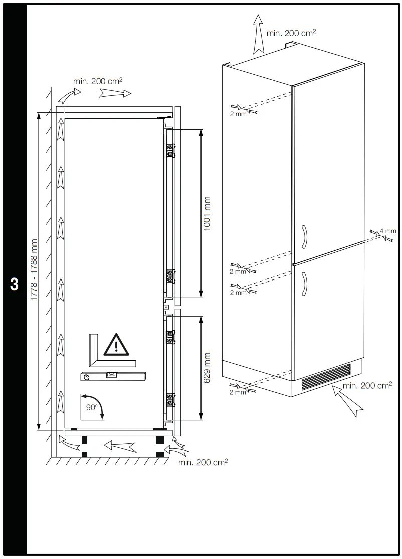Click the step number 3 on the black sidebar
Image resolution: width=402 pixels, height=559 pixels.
(14, 284)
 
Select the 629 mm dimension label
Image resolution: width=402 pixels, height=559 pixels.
(207, 368)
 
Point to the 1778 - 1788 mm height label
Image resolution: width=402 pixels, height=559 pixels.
(34, 269)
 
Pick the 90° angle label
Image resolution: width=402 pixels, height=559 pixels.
(91, 407)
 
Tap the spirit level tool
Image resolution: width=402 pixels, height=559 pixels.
(113, 376)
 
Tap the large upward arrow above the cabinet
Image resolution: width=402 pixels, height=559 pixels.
(258, 34)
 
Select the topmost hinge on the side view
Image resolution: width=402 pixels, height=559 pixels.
(170, 150)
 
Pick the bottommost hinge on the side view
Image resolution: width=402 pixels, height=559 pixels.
(170, 400)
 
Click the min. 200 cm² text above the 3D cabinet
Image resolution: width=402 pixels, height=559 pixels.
(291, 33)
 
